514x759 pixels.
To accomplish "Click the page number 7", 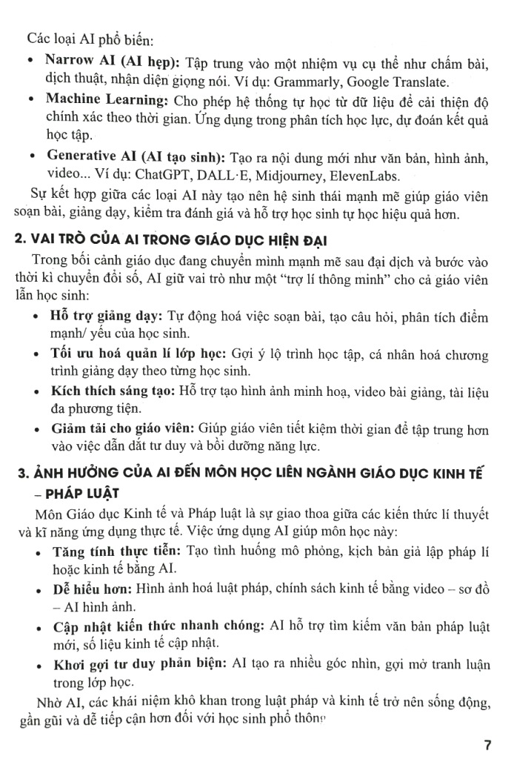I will (x=487, y=744).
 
